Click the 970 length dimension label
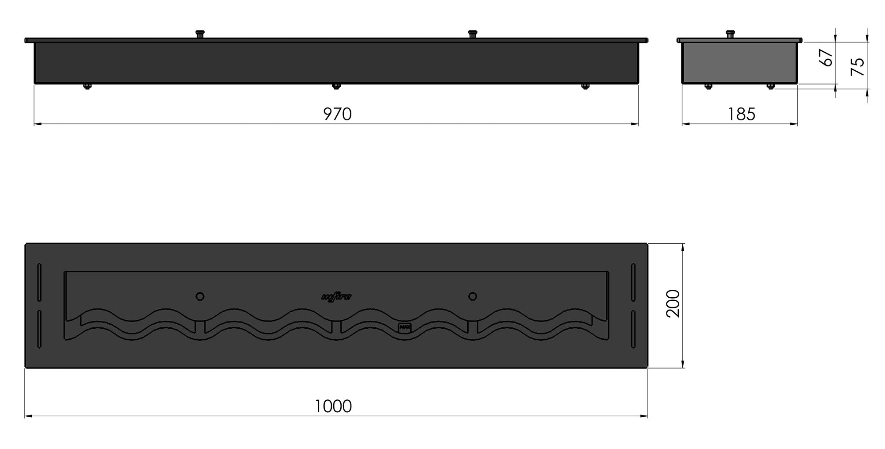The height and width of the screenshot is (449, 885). coord(337,114)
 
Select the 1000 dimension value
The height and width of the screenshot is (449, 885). coord(333,406)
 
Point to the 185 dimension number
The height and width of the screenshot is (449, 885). coord(742,114)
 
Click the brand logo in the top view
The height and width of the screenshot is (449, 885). coord(336,297)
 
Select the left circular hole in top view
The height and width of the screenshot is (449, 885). coord(200,296)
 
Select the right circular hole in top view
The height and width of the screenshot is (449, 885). coord(473,296)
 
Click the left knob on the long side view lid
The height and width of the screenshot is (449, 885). coord(200,34)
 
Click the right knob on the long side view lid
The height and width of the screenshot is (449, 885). coord(473,34)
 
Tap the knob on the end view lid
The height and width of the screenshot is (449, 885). coord(730,34)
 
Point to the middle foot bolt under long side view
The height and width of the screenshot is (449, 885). coord(336,86)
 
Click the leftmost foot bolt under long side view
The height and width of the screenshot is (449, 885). coord(87,86)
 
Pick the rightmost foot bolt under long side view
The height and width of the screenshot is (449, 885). coord(585,86)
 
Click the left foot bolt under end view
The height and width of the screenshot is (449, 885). coord(708,86)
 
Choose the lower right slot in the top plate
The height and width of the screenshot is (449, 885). coord(633,329)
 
